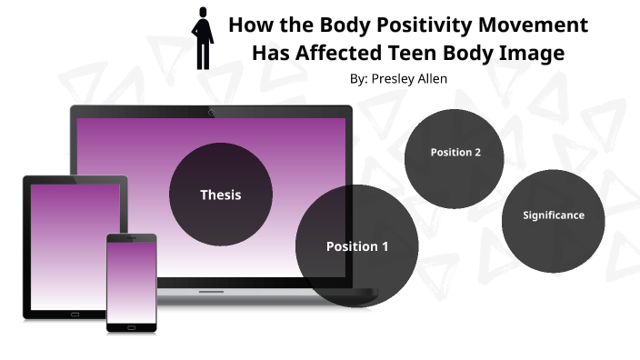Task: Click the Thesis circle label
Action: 221,195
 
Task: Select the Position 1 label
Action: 356,246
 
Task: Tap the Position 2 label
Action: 455,152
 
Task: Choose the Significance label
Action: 553,215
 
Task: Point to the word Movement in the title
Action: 532,25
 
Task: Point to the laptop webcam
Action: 212,112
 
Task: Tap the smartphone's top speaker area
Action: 132,239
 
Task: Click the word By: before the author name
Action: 358,79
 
